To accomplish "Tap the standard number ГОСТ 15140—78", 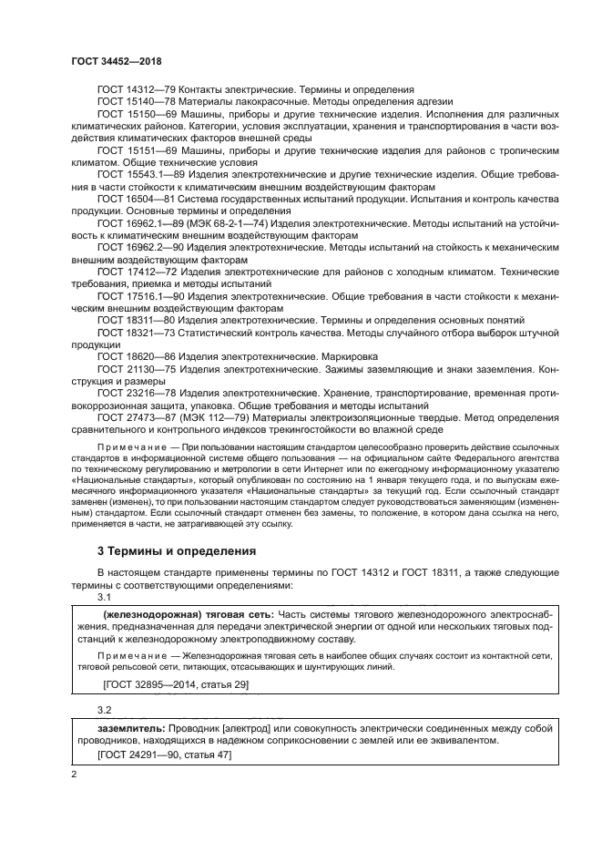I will click(137, 103).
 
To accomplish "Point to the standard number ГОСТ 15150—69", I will click(137, 116).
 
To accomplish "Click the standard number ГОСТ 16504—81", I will click(137, 198).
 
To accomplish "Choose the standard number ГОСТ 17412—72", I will click(137, 272).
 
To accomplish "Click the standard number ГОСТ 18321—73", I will click(137, 334).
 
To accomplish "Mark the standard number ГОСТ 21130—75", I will click(137, 371).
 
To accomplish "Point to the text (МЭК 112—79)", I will click(215, 419).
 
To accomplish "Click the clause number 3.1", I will click(105, 597).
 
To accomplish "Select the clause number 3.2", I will click(105, 709).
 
